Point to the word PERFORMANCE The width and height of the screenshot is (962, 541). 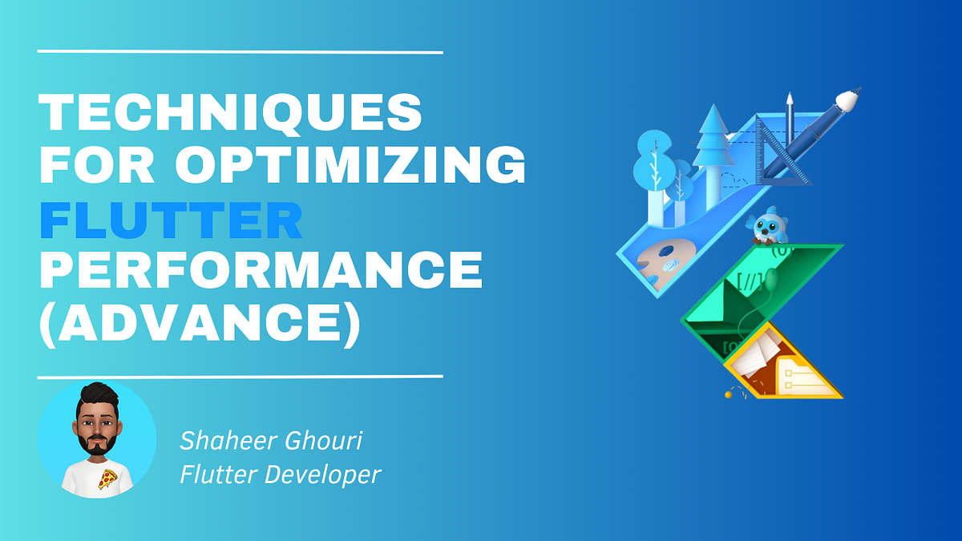click(261, 273)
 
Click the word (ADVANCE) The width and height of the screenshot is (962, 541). click(200, 326)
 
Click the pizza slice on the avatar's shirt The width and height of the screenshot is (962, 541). click(105, 479)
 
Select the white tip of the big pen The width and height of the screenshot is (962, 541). click(848, 99)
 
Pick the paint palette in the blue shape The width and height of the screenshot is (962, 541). click(662, 260)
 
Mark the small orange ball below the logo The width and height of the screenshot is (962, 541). click(729, 394)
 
